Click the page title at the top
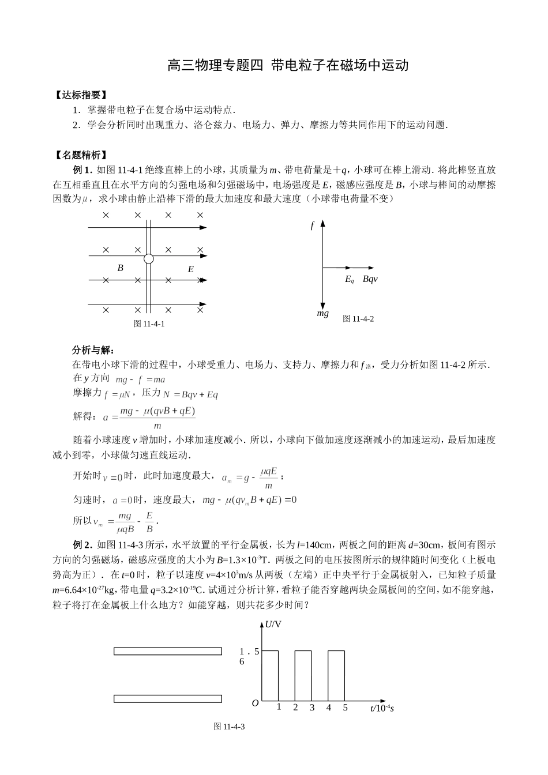pos(288,65)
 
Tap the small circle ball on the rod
pos(148,259)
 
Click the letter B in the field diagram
pos(121,268)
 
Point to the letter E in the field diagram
pos(191,269)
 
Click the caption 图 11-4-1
pos(149,323)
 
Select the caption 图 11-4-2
pos(358,318)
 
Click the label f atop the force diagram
pos(312,226)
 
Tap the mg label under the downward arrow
pos(323,313)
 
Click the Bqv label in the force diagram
pos(370,279)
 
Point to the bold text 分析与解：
pos(93,350)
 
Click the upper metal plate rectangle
pos(167,651)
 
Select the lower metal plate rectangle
pos(167,699)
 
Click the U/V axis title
pos(273,624)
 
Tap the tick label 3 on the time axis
pos(312,708)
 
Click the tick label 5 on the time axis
pos(346,708)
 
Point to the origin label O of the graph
pos(255,703)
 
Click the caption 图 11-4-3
pos(230,727)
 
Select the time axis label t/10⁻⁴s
pos(382,708)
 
